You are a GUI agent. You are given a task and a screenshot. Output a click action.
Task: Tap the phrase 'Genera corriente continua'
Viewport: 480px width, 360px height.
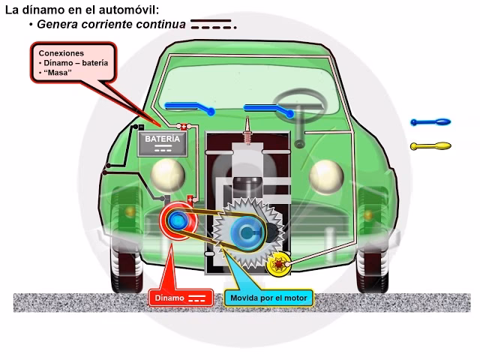click(111, 24)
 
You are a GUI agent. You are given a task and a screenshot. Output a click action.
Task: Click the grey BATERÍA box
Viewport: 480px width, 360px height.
click(162, 143)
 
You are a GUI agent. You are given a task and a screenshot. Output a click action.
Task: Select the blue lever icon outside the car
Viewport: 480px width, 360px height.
click(430, 121)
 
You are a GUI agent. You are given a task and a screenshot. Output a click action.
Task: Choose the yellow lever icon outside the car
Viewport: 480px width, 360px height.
click(430, 146)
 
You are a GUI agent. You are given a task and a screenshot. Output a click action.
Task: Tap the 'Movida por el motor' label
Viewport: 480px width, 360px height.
click(269, 298)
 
